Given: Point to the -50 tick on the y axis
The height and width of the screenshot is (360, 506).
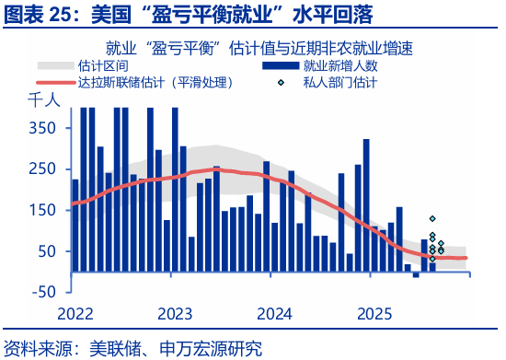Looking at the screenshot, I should click(x=40, y=292).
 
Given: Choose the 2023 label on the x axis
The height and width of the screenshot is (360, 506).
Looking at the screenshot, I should click(x=173, y=313).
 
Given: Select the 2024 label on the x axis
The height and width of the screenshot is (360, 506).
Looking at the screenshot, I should click(x=271, y=313).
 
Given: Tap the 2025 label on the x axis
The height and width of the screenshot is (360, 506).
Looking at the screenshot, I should click(x=370, y=313).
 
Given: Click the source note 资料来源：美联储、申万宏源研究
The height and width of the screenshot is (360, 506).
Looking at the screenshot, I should click(x=133, y=349).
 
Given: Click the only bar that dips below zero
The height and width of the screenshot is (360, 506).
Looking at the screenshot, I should click(x=416, y=274).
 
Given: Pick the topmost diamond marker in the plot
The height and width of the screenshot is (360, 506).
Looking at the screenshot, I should click(x=432, y=219).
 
